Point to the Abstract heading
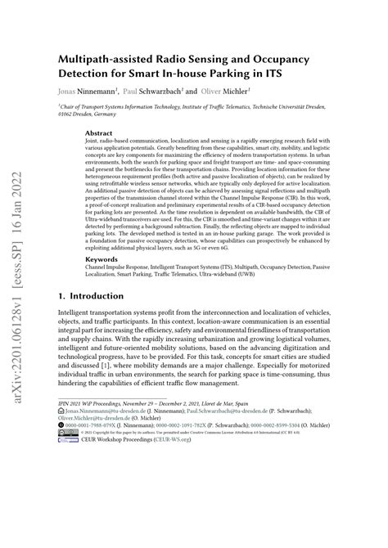99,132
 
